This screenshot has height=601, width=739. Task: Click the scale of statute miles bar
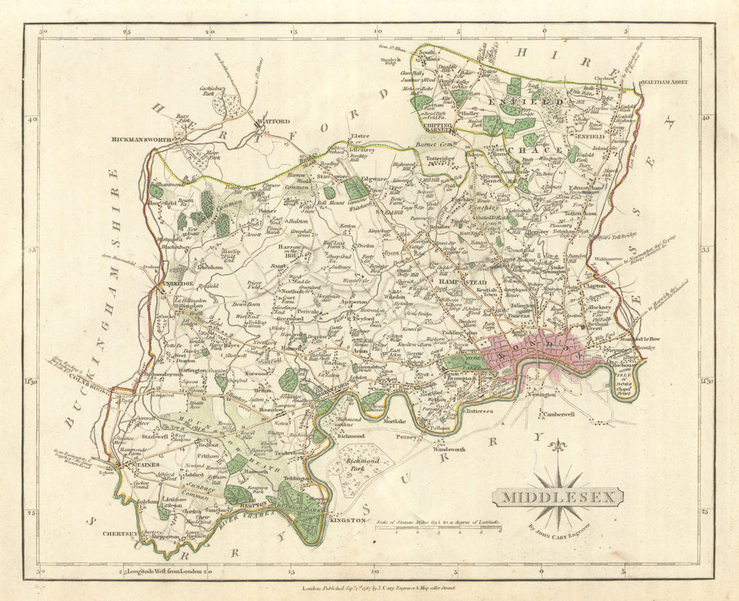(438, 529)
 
